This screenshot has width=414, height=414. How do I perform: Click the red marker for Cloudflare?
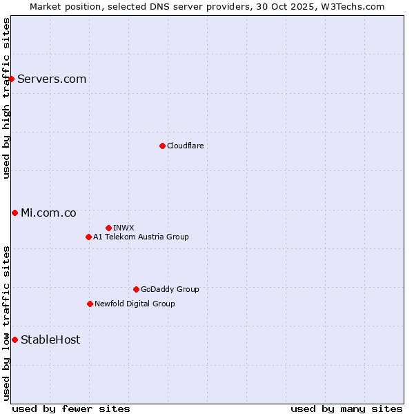click(x=162, y=146)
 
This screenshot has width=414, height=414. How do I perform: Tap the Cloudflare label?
click(x=185, y=146)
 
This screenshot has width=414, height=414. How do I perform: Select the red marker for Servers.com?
click(x=12, y=79)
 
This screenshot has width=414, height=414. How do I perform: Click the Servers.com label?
click(x=52, y=79)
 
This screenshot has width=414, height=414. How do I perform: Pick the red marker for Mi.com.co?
click(x=14, y=213)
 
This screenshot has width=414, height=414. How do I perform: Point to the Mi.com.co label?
click(x=48, y=213)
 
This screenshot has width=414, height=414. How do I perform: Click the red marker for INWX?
click(x=108, y=228)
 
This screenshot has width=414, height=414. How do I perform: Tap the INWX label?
click(x=124, y=228)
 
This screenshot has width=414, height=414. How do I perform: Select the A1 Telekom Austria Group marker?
click(x=88, y=237)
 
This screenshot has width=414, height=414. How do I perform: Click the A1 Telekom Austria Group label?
click(x=141, y=237)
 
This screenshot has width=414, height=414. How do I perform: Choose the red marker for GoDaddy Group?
click(x=136, y=289)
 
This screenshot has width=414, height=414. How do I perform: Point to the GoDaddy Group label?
click(x=170, y=289)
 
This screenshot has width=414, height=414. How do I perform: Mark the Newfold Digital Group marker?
click(x=90, y=304)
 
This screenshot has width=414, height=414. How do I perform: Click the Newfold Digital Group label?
click(x=135, y=304)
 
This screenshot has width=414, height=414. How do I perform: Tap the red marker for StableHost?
click(x=14, y=339)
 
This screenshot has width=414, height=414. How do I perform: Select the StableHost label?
click(x=50, y=339)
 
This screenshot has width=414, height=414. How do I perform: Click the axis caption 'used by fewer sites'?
click(x=71, y=408)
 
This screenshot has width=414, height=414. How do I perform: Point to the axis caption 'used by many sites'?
click(x=346, y=408)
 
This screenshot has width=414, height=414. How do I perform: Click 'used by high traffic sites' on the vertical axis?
click(x=6, y=98)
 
